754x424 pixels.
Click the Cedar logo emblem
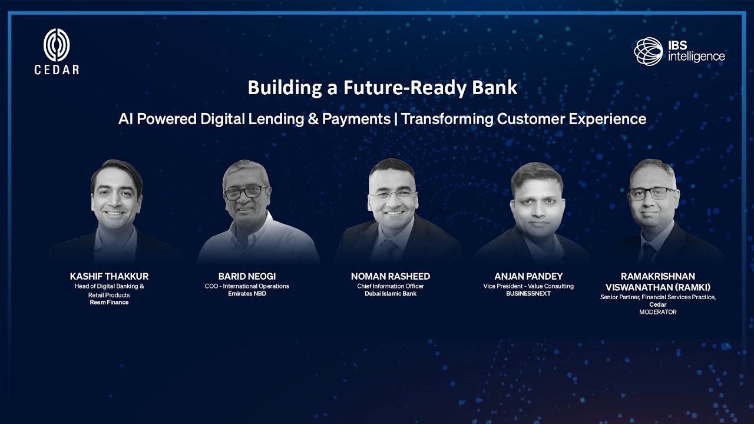[57, 45]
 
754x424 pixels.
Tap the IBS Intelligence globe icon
[649, 51]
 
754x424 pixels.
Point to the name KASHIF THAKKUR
[109, 276]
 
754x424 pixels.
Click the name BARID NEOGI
[247, 276]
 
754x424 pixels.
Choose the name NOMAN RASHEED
[391, 276]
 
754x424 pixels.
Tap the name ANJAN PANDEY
[528, 276]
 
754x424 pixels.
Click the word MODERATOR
[658, 312]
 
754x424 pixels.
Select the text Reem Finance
[109, 302]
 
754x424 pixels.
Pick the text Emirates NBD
[247, 293]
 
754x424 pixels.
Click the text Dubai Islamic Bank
[391, 293]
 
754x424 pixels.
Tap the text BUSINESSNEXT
[528, 293]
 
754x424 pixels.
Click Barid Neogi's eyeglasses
[246, 192]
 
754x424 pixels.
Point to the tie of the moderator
[648, 253]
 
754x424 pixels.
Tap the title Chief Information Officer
[391, 286]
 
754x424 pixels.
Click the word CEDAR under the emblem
[57, 69]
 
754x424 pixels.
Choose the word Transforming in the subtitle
[447, 118]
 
